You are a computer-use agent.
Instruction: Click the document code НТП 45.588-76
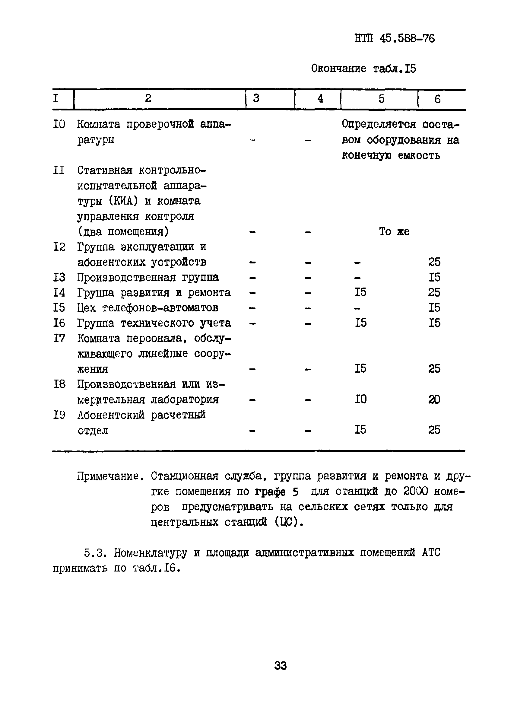click(x=395, y=39)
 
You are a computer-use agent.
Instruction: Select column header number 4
click(x=320, y=99)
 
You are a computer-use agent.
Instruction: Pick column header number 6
click(x=437, y=99)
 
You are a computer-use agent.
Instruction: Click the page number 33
click(x=280, y=666)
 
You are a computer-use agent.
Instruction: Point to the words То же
click(x=394, y=232)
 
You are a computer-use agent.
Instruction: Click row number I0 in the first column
click(x=59, y=125)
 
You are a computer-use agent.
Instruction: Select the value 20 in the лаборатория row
click(x=434, y=399)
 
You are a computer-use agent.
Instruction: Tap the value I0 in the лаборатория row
click(x=360, y=399)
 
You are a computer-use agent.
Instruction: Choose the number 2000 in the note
click(x=415, y=491)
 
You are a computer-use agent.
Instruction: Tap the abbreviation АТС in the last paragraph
click(x=431, y=552)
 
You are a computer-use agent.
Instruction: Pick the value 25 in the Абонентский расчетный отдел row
click(x=434, y=430)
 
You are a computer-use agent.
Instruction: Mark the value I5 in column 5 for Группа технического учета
click(x=360, y=323)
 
